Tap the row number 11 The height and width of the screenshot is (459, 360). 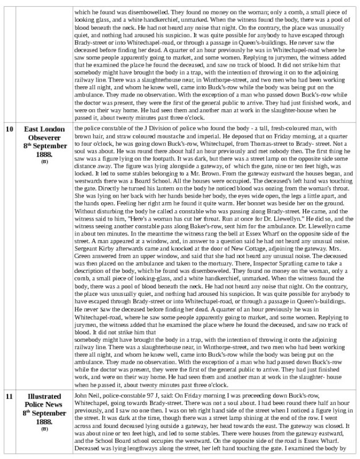click(x=10, y=396)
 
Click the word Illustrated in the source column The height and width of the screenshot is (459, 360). click(x=45, y=396)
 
